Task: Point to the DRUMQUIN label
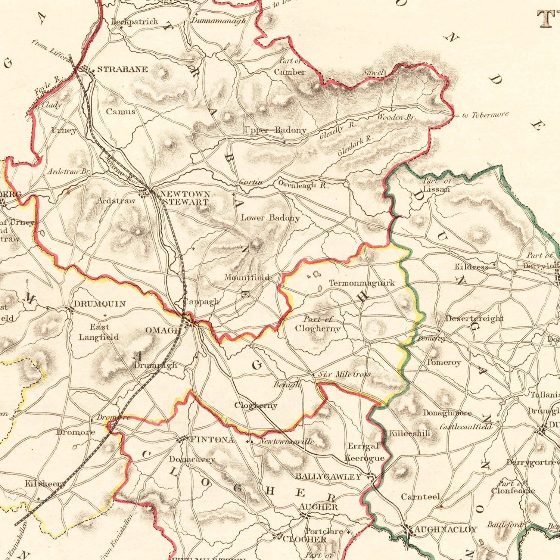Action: point(99,304)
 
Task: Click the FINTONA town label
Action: point(212,440)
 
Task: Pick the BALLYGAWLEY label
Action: point(328,477)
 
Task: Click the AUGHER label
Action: point(318,507)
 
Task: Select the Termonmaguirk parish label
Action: point(362,283)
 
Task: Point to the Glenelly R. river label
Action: point(338,130)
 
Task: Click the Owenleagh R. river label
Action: point(303,184)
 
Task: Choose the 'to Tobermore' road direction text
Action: point(485,115)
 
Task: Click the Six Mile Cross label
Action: point(344,374)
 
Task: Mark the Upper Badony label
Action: point(275,130)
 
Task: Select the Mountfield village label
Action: point(246,277)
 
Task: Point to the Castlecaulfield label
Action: point(466,426)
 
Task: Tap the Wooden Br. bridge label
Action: point(396,117)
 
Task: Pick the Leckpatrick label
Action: point(135,22)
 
